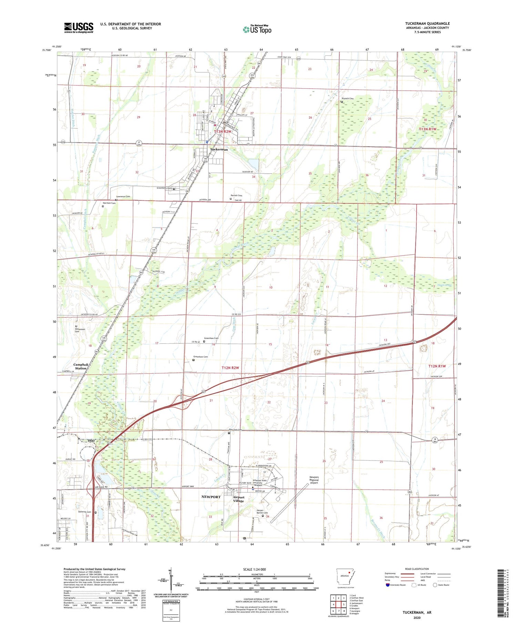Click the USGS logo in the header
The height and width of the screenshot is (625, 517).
[79, 28]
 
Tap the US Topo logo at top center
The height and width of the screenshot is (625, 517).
[257, 29]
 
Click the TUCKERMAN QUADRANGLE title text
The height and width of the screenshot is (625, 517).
[427, 23]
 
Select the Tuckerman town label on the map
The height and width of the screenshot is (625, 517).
[219, 150]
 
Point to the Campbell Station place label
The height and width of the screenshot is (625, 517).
[81, 366]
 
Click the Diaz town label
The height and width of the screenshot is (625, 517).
[91, 441]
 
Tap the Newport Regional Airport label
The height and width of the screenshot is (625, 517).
[314, 480]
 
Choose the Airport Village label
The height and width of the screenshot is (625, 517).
[239, 499]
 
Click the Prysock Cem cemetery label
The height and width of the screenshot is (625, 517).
[347, 98]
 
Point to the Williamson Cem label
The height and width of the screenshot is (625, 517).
[79, 330]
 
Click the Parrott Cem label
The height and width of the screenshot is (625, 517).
[236, 195]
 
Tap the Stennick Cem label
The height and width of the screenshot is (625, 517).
[84, 512]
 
